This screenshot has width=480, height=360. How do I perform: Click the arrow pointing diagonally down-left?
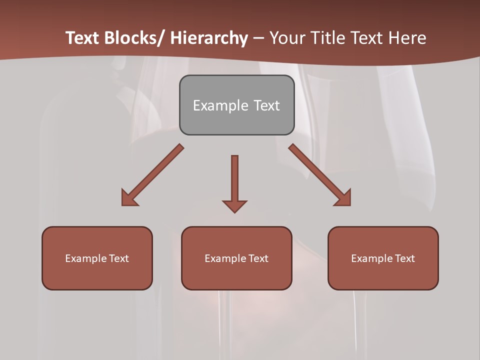pos(152,175)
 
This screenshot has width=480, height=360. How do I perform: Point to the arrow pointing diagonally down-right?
pos(320,175)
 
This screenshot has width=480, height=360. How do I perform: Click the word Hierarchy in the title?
pos(209,38)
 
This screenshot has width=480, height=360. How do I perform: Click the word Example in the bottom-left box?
pos(86,258)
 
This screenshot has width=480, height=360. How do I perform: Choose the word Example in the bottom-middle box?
pos(225,258)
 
